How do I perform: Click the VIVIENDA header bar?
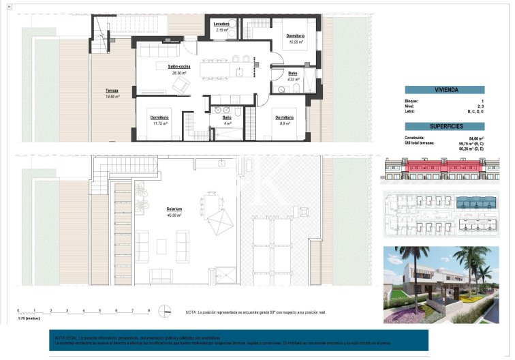444,89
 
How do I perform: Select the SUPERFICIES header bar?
444,126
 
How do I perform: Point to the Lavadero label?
221,24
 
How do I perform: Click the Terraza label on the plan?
112,91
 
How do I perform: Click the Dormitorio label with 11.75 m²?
161,117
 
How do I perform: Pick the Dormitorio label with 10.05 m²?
295,35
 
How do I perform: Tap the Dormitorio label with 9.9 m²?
285,117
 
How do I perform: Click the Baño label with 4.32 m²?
292,73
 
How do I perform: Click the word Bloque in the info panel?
412,101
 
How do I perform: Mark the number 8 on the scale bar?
149,310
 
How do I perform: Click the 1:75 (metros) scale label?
29,318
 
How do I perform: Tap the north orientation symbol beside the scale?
164,312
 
